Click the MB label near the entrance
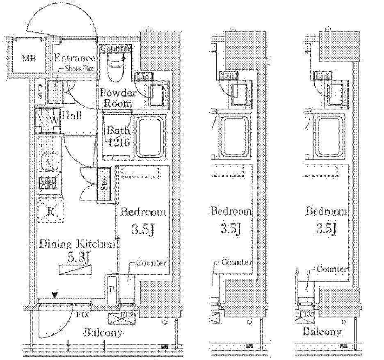[x=29, y=58]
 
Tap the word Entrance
[x=75, y=58]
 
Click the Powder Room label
[x=118, y=98]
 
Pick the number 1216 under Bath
[x=119, y=143]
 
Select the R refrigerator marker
[x=51, y=212]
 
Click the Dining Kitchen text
[x=76, y=244]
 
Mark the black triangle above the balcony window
[x=55, y=294]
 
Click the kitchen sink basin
[x=50, y=161]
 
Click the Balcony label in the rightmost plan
[x=322, y=331]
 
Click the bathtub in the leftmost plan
[x=150, y=137]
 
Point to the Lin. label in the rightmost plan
[x=322, y=76]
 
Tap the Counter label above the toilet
[x=116, y=48]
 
